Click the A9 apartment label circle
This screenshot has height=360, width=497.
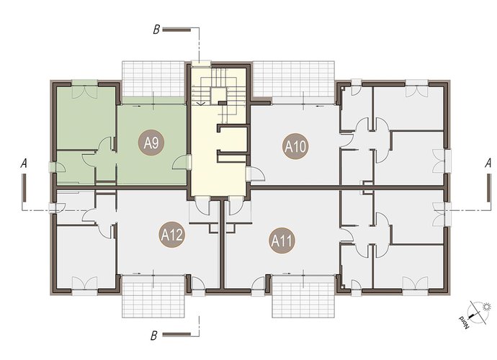151,143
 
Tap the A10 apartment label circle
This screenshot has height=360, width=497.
295,146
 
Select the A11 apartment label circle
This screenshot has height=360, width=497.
282,241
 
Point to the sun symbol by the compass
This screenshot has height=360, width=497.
486,307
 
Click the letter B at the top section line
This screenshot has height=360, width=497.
156,30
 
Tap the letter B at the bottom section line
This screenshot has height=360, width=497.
154,336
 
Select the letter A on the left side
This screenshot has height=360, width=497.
24,164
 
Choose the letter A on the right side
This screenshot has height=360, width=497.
488,163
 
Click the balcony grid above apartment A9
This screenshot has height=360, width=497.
153,78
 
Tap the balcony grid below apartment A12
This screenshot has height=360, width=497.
153,297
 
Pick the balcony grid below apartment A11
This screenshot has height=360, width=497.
303,297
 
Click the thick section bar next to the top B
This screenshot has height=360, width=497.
176,30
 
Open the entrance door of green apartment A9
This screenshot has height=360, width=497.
180,162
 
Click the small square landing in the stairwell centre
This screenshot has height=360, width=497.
219,94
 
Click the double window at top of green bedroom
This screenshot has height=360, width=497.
84,89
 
